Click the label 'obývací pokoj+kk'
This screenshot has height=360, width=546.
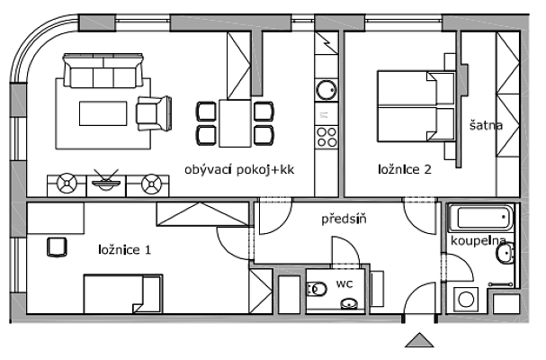(239, 170)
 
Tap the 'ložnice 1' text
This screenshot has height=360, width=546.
(125, 249)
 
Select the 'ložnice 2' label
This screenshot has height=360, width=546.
(405, 169)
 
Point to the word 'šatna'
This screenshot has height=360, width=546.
(486, 125)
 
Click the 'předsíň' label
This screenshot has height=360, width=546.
(344, 219)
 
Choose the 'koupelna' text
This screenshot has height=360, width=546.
(479, 241)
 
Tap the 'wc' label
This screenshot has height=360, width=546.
(345, 283)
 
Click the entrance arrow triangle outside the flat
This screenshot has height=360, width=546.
(419, 340)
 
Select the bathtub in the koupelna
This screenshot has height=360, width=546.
(480, 218)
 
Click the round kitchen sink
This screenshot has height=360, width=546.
(327, 90)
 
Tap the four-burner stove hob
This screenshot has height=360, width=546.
(327, 137)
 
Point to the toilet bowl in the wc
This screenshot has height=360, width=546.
(317, 289)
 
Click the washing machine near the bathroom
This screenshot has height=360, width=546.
(466, 300)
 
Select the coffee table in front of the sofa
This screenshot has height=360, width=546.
(103, 113)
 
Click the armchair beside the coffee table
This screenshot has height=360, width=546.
(154, 113)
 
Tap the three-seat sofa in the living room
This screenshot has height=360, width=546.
(103, 71)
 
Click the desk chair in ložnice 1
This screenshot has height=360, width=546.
(57, 247)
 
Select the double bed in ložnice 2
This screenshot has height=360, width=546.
(416, 106)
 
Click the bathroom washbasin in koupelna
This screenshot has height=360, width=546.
(505, 253)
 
